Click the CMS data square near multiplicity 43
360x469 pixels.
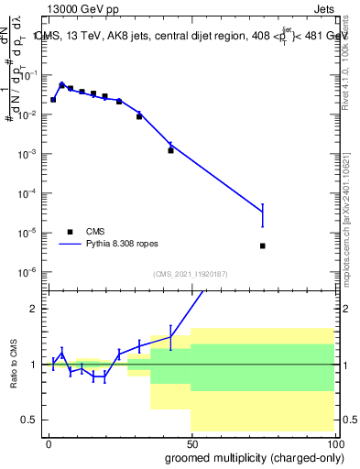coord(170,149)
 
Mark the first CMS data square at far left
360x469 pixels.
coord(53,99)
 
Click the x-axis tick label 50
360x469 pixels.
coord(191,443)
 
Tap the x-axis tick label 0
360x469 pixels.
coord(49,443)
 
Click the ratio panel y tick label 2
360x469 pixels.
coord(35,309)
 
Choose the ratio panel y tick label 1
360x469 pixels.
coord(35,365)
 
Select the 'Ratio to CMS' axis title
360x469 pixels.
coord(14,364)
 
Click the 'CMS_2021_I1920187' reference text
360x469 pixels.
coord(190,273)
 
